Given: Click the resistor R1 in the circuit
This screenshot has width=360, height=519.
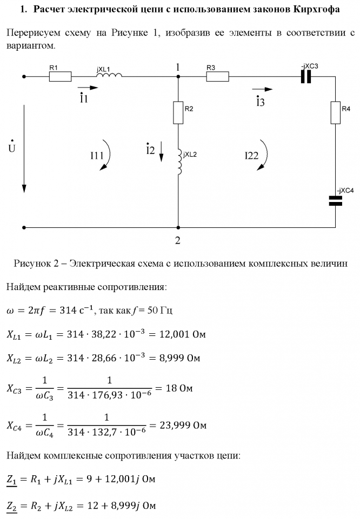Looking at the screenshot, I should click(60, 77).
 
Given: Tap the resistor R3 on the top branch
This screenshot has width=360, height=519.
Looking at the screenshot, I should click(217, 77).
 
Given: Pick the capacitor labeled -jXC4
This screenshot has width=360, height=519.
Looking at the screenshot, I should click(336, 201).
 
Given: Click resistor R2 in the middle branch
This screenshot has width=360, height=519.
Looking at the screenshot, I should click(178, 112).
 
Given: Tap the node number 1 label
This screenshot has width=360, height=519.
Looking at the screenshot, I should click(177, 66).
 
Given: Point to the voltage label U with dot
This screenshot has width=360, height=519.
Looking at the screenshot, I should click(12, 146).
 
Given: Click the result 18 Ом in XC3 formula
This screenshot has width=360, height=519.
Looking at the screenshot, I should click(178, 388).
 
